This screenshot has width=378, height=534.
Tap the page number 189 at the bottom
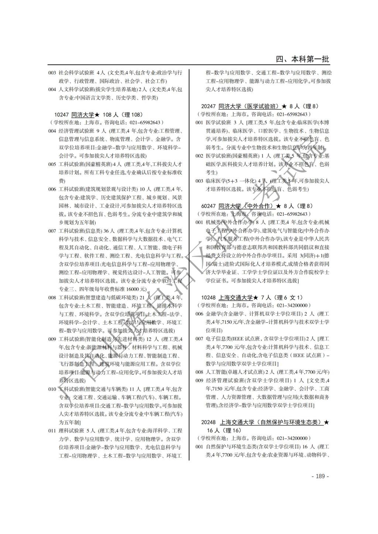coord(320,476)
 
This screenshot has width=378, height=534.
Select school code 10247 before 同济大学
coord(61,115)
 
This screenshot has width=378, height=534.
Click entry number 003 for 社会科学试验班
coord(52,73)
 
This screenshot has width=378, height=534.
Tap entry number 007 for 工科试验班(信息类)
coord(52,231)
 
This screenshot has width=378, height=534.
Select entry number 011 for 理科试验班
coord(52,430)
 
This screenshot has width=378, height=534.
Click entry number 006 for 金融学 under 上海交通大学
coord(199,314)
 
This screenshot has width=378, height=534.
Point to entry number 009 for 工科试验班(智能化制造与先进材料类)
coord(52,339)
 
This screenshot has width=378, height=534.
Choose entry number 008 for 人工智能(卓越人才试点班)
coord(199,372)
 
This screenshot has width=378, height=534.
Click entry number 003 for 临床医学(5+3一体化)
coord(199,181)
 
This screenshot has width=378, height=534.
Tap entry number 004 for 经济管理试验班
coord(52,131)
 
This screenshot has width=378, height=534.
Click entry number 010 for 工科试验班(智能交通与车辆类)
coord(52,389)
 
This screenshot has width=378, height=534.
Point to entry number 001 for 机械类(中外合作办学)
coord(199,222)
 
